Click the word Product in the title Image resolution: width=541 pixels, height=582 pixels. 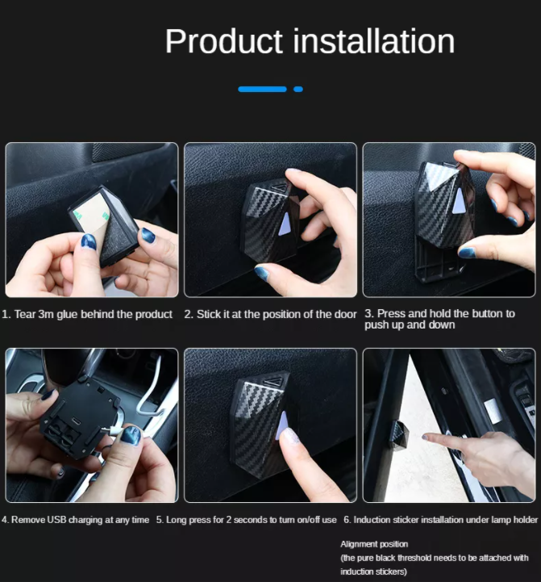tap(223, 41)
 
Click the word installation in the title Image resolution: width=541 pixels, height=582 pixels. tap(374, 41)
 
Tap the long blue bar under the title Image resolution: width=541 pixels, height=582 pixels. tap(262, 89)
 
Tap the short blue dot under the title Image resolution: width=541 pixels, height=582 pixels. tap(298, 89)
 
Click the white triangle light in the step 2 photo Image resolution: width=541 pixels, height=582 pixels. tap(285, 224)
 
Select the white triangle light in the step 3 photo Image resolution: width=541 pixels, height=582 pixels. tap(459, 201)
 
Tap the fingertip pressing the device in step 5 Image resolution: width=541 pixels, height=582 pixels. tap(288, 435)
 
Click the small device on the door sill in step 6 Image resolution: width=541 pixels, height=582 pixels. tap(401, 433)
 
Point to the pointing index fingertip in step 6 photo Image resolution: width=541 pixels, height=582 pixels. tap(426, 438)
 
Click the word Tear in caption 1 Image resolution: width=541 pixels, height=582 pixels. tap(24, 314)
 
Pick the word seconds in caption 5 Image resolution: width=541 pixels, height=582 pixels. tap(252, 520)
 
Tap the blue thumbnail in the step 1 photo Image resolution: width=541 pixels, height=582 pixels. tap(88, 241)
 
